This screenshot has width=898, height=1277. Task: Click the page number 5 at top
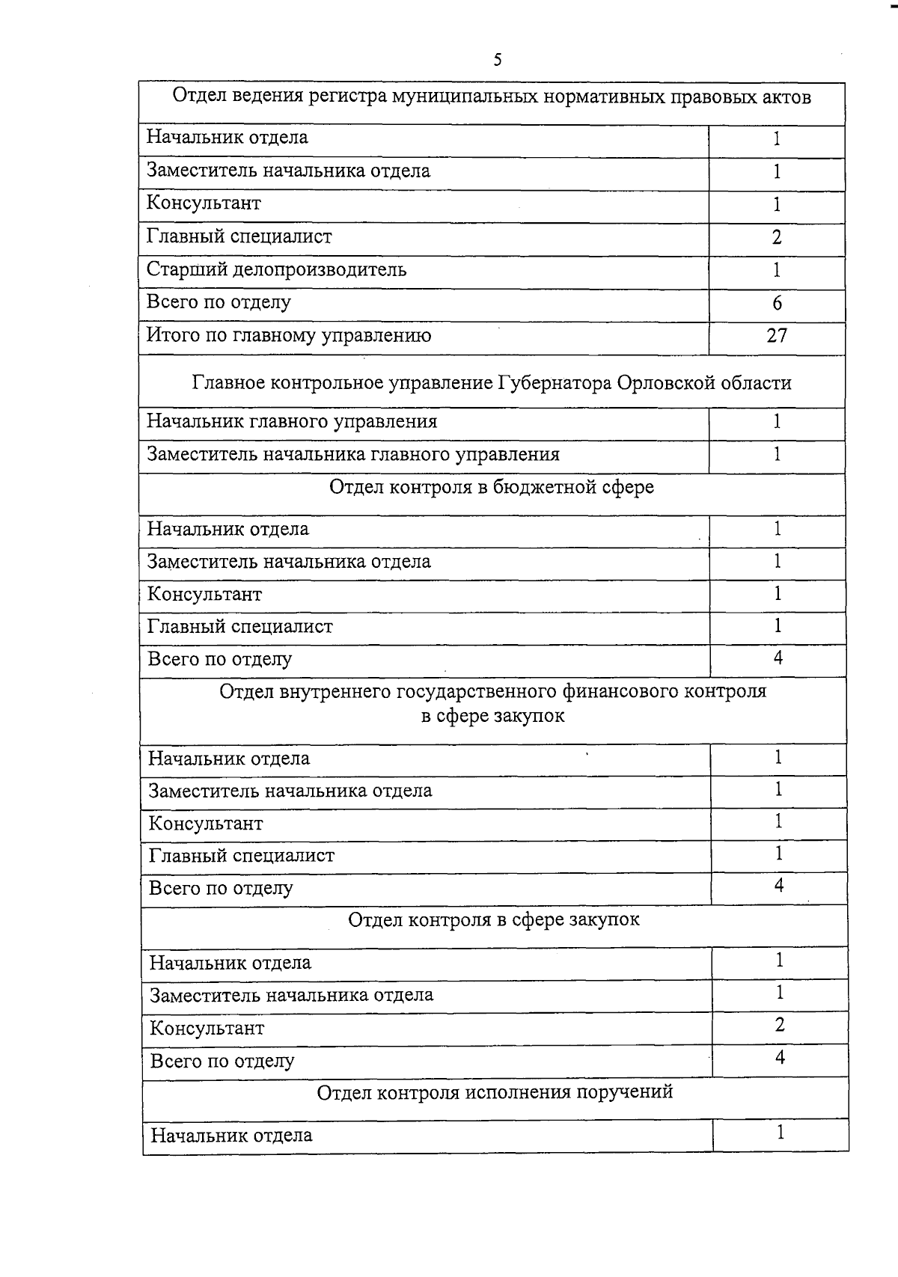[498, 61]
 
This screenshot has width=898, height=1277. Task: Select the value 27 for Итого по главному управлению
[777, 336]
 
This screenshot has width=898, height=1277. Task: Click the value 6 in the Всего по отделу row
[777, 303]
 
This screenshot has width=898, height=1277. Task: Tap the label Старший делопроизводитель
[276, 269]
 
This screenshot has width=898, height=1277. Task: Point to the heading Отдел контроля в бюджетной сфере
[492, 488]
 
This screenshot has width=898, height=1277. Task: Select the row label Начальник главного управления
[292, 422]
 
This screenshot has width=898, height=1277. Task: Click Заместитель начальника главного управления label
[353, 455]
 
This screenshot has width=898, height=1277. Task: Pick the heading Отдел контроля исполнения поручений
[495, 1092]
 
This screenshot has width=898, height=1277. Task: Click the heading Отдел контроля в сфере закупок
[494, 919]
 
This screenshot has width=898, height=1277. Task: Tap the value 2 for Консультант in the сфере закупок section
[780, 1026]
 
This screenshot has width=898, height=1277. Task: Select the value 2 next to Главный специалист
[777, 237]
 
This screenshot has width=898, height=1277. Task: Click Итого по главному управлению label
[289, 336]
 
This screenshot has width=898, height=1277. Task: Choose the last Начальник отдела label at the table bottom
[231, 1136]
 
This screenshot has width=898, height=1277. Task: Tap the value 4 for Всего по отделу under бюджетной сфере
[778, 658]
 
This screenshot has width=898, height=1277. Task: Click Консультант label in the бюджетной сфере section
[204, 595]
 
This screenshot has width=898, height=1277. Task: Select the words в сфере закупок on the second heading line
[492, 716]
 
